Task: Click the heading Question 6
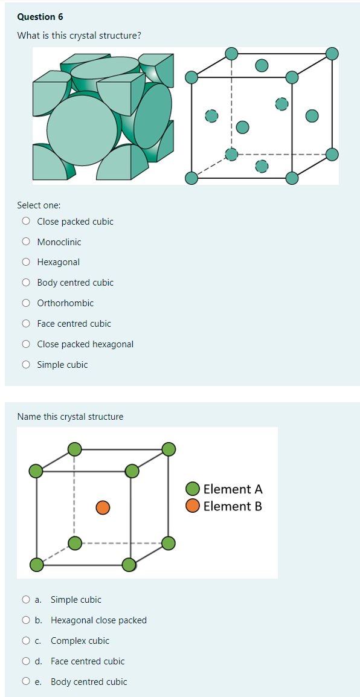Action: point(40,17)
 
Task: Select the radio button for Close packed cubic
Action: point(26,222)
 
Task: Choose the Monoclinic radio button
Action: point(26,242)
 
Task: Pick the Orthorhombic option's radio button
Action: point(26,303)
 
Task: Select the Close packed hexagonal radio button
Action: point(26,344)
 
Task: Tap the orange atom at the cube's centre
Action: point(103,507)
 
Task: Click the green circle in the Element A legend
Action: point(193,489)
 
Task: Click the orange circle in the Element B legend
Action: point(193,506)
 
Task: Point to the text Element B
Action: point(233,506)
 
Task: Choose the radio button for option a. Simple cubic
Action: point(26,600)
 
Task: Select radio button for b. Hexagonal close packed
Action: point(26,620)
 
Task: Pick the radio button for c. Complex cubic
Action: point(26,641)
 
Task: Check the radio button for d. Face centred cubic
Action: point(26,661)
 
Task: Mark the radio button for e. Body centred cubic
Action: point(26,682)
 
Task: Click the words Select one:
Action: point(39,205)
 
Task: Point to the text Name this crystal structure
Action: point(70,417)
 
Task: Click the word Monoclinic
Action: point(59,242)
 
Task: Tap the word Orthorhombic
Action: point(65,303)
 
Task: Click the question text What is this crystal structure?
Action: point(79,36)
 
